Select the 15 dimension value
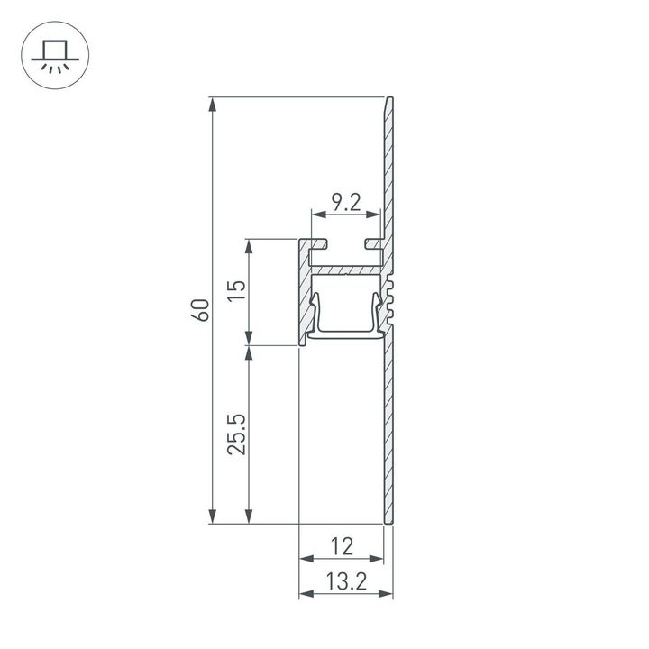pyautogui.click(x=235, y=290)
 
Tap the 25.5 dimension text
pyautogui.click(x=235, y=434)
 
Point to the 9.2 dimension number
pyautogui.click(x=345, y=203)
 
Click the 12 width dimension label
pyautogui.click(x=342, y=545)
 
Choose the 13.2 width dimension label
pyautogui.click(x=345, y=581)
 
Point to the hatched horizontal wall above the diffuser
pyautogui.click(x=347, y=270)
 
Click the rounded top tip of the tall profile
pyautogui.click(x=390, y=101)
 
